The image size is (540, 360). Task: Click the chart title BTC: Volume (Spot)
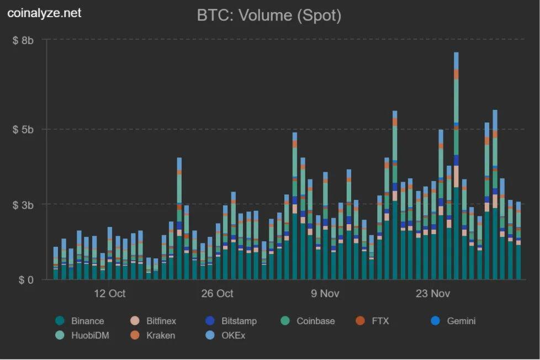pyautogui.click(x=269, y=15)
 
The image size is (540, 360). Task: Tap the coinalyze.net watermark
pyautogui.click(x=44, y=13)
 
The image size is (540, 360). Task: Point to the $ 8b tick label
pyautogui.click(x=23, y=41)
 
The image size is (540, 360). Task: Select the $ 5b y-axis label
pyautogui.click(x=23, y=130)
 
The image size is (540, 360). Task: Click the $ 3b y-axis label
pyautogui.click(x=23, y=205)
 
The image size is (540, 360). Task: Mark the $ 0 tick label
pyautogui.click(x=26, y=280)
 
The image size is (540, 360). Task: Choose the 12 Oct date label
pyautogui.click(x=110, y=294)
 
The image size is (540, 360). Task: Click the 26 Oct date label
pyautogui.click(x=218, y=294)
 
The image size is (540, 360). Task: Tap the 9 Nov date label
pyautogui.click(x=325, y=294)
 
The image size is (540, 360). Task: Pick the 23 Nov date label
pyautogui.click(x=433, y=294)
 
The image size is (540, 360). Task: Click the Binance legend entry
pyautogui.click(x=80, y=321)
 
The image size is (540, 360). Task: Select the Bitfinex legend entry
pyautogui.click(x=153, y=321)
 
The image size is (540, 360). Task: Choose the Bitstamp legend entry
pyautogui.click(x=231, y=321)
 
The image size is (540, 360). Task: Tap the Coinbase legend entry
pyautogui.click(x=308, y=321)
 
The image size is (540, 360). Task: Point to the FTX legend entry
pyautogui.click(x=372, y=321)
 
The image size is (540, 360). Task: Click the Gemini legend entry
pyautogui.click(x=453, y=321)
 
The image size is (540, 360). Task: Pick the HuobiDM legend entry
pyautogui.click(x=82, y=335)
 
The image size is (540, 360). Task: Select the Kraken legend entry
pyautogui.click(x=152, y=335)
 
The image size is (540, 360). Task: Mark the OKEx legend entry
pyautogui.click(x=225, y=335)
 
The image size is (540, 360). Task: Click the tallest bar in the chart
pyautogui.click(x=456, y=166)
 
